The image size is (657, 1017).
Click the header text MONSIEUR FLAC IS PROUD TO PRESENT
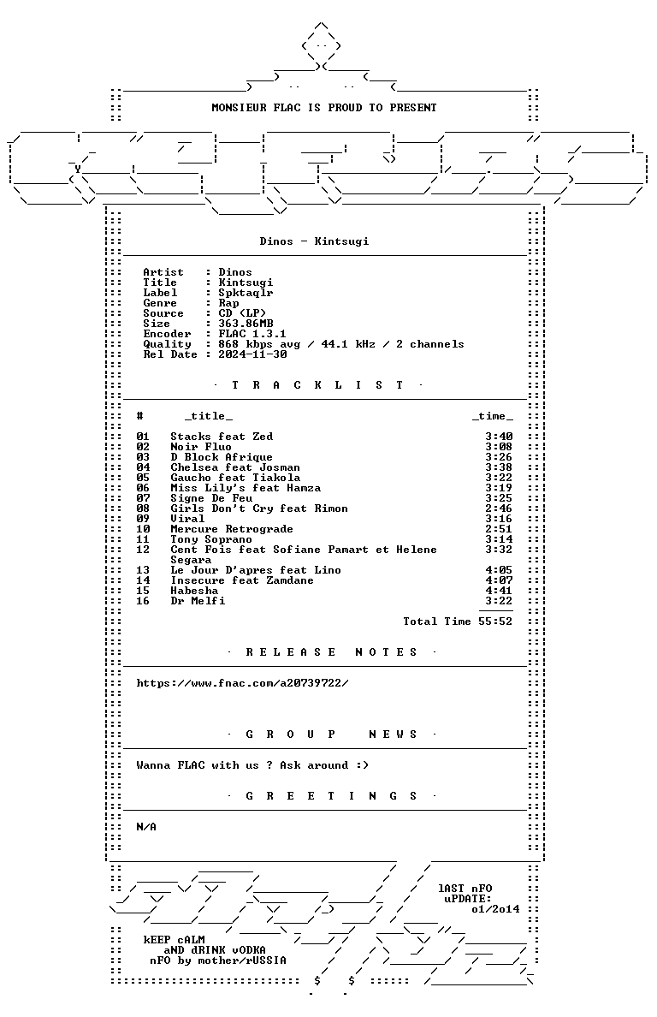324,108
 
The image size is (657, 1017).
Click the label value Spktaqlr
246,293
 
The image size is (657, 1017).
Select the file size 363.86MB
246,324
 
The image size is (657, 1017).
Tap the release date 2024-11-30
252,354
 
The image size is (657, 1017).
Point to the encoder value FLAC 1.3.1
252,334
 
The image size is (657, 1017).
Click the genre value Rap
228,303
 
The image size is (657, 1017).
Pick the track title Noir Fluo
201,447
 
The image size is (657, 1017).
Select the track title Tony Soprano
211,539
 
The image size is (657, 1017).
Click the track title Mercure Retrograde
232,529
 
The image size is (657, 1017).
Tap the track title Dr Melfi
198,601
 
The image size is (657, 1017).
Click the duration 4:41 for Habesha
499,591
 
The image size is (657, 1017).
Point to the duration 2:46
499,508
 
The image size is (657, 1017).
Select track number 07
143,498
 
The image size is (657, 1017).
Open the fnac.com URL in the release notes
242,683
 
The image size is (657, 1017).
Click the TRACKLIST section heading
317,385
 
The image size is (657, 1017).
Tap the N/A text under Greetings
146,827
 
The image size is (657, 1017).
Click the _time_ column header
493,416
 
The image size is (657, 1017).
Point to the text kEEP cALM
175,940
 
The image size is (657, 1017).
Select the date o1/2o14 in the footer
495,909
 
